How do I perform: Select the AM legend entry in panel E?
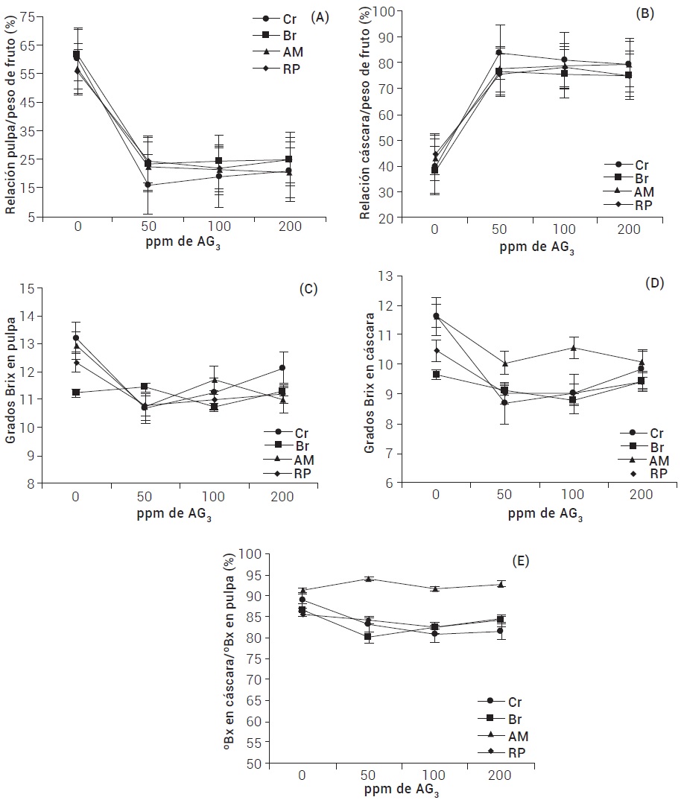pyautogui.click(x=508, y=735)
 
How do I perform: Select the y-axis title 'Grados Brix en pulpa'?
pyautogui.click(x=10, y=386)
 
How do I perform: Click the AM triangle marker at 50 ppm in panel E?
pyautogui.click(x=368, y=579)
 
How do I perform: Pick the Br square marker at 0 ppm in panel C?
pyautogui.click(x=77, y=392)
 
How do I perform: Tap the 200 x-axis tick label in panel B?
pyautogui.click(x=629, y=229)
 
